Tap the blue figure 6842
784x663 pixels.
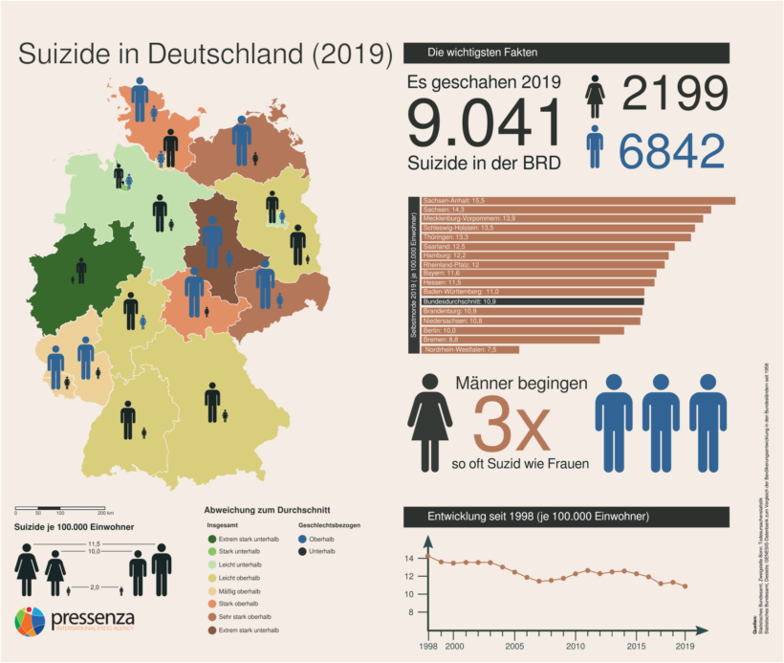pyautogui.click(x=671, y=151)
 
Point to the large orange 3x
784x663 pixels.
pyautogui.click(x=512, y=429)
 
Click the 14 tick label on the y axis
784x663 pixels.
pyautogui.click(x=409, y=558)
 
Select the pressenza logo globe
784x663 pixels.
pyautogui.click(x=31, y=623)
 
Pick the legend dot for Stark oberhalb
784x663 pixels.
pyautogui.click(x=210, y=603)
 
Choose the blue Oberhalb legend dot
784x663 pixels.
pyautogui.click(x=302, y=539)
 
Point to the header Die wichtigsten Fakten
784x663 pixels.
pyautogui.click(x=485, y=52)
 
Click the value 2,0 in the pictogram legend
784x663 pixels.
pyautogui.click(x=94, y=586)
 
